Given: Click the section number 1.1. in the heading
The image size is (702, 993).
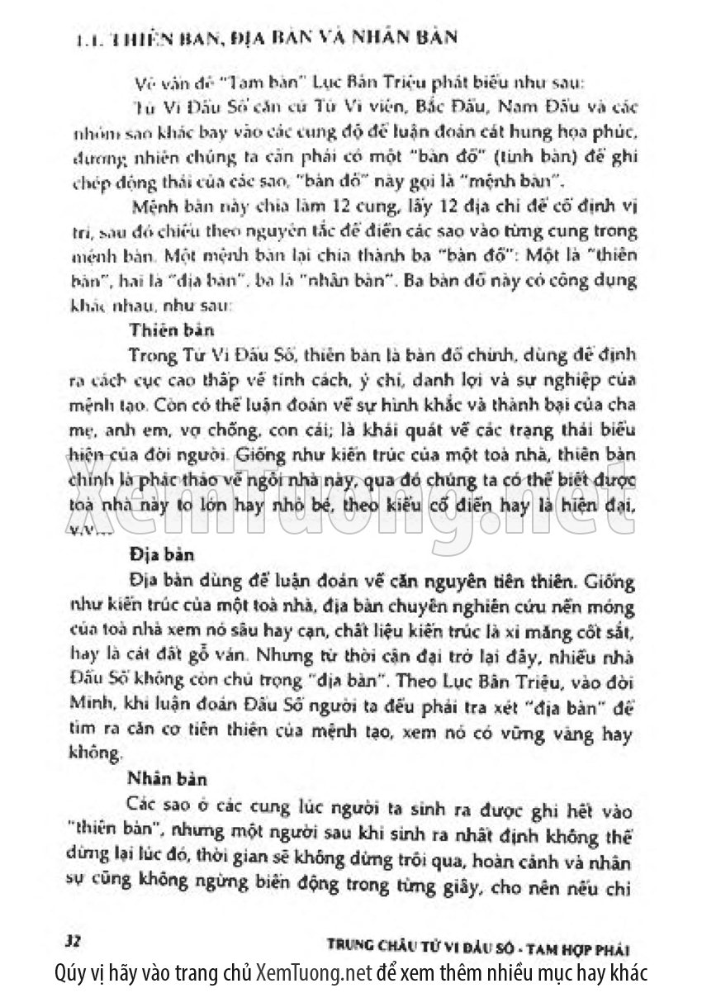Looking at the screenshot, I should click(83, 38).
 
